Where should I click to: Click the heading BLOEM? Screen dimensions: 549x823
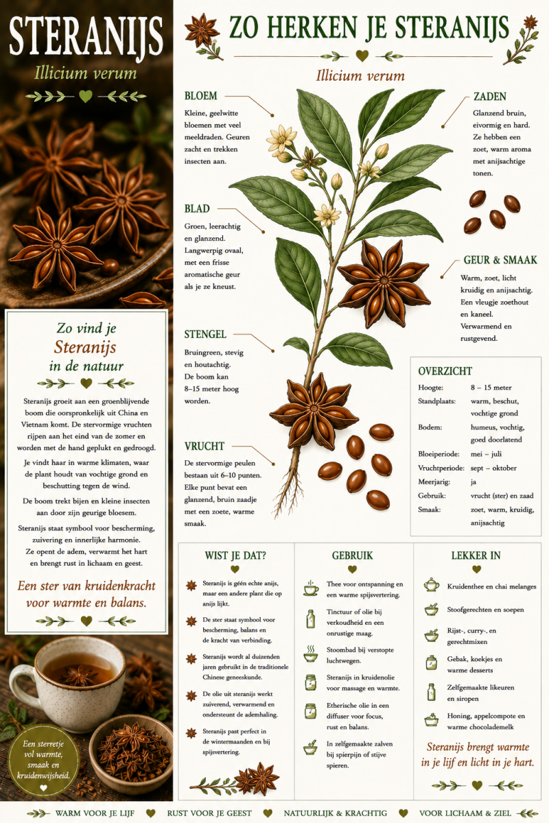pos(201,96)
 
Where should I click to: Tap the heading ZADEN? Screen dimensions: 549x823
pos(490,97)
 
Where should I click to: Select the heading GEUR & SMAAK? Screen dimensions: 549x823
pos(500,260)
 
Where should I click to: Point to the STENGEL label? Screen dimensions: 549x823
pos(205,335)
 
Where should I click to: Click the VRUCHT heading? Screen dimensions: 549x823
pos(204,446)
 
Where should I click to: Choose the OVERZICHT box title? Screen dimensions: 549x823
pos(445,371)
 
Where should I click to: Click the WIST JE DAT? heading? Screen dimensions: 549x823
pos(235,556)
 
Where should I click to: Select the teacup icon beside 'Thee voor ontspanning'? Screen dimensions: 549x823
pos(311,588)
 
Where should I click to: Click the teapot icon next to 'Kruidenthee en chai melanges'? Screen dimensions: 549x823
pos(432,584)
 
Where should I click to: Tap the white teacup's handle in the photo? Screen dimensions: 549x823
pos(18,683)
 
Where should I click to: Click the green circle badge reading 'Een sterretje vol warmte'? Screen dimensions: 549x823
pos(43,761)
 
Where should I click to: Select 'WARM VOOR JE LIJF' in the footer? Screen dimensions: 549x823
pos(95,813)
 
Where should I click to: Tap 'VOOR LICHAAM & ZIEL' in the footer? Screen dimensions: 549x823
pos(465,813)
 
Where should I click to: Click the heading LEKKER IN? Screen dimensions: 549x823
pos(476,556)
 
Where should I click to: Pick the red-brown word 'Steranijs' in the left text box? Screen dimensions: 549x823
pos(85,348)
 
